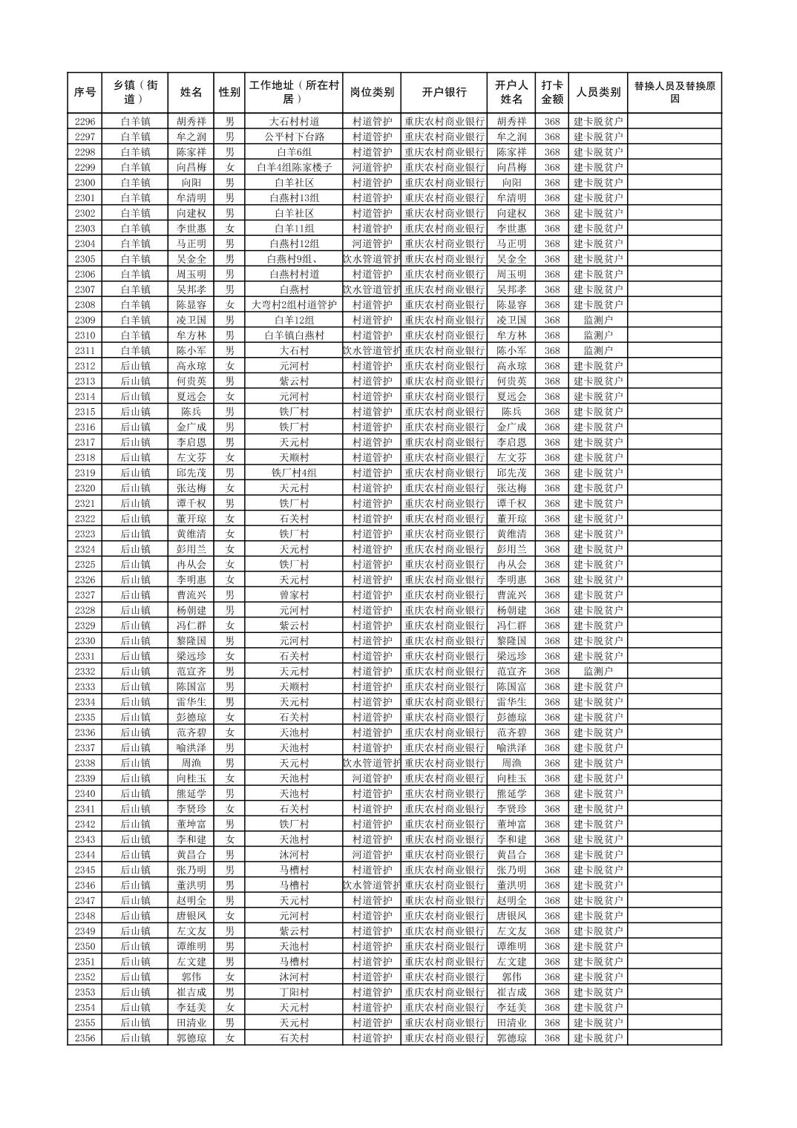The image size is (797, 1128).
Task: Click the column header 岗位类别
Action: tap(372, 92)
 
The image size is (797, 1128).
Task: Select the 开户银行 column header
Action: tap(444, 92)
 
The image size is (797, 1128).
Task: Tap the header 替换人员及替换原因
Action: tap(674, 92)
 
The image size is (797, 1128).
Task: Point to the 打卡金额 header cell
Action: tap(551, 92)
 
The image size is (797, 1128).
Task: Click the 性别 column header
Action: tap(229, 92)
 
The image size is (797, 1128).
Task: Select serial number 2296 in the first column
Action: tap(85, 122)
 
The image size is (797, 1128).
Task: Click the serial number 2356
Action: tap(85, 1038)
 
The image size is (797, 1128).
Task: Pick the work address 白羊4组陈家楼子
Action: tap(294, 167)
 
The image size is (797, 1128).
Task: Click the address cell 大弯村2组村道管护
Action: tap(294, 305)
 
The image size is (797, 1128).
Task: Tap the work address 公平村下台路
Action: tap(294, 137)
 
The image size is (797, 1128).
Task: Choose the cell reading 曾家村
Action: tap(294, 595)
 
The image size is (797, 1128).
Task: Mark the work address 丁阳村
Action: tap(294, 992)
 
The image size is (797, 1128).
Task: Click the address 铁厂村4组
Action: tap(294, 473)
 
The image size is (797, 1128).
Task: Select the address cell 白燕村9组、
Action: tap(294, 259)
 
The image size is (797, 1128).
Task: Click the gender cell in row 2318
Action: tap(230, 458)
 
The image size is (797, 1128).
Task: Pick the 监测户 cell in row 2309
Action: tap(598, 320)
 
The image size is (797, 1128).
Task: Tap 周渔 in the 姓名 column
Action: tap(191, 763)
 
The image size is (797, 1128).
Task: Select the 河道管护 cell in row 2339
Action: tap(372, 778)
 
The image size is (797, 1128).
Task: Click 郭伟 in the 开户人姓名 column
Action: tap(511, 977)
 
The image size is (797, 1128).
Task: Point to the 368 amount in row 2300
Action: tap(551, 183)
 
